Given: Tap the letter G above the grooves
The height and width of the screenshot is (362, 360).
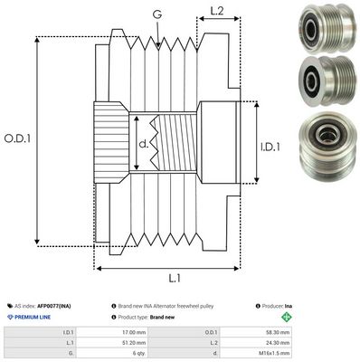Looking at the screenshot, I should tap(158, 14).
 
